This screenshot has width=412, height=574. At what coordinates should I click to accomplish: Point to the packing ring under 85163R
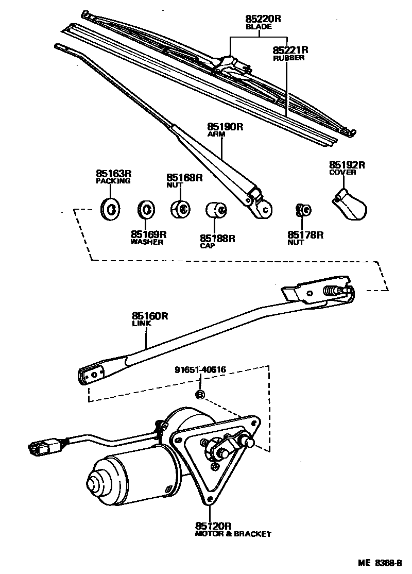pyautogui.click(x=110, y=208)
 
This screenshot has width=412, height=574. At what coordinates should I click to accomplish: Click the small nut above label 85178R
pyautogui.click(x=303, y=210)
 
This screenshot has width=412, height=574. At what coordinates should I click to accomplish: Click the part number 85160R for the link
pyautogui.click(x=150, y=316)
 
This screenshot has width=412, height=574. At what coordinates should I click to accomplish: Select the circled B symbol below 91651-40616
pyautogui.click(x=200, y=395)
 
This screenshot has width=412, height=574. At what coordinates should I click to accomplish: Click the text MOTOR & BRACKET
pyautogui.click(x=233, y=534)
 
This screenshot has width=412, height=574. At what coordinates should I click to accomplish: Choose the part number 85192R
pyautogui.click(x=347, y=165)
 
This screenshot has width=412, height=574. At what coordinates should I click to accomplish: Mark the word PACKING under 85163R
pyautogui.click(x=113, y=181)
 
